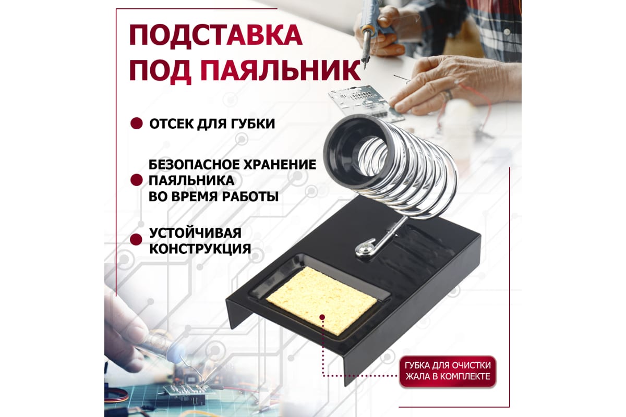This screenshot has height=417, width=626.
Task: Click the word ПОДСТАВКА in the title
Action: click(x=216, y=36)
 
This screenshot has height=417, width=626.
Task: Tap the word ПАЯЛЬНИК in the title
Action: click(x=280, y=71)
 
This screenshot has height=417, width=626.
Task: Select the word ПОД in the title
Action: click(x=160, y=71)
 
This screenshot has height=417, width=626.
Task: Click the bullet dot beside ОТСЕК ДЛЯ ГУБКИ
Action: click(x=137, y=123)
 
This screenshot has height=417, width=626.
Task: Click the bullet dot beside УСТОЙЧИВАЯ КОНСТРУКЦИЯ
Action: click(x=136, y=239)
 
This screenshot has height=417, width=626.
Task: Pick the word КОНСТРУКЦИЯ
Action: click(x=200, y=248)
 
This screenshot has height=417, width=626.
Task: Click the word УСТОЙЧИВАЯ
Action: click(x=195, y=232)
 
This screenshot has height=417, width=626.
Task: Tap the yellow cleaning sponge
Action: click(x=322, y=300)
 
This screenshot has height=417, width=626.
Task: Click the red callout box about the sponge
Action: click(x=448, y=371)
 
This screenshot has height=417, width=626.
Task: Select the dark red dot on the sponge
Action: click(x=322, y=317)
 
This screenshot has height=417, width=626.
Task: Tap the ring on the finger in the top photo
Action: click(x=448, y=95)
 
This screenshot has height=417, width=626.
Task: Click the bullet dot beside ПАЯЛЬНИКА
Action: click(x=136, y=180)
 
